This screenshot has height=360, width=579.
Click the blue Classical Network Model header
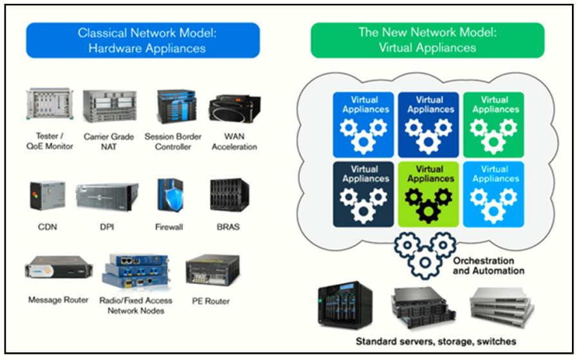tap(142, 40)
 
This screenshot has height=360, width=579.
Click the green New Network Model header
tap(427, 40)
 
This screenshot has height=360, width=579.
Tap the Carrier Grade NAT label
tap(109, 141)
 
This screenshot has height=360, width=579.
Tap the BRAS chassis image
tap(230, 195)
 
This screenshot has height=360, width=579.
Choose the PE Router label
tap(212, 300)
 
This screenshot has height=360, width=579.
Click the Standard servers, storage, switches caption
tap(436, 341)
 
